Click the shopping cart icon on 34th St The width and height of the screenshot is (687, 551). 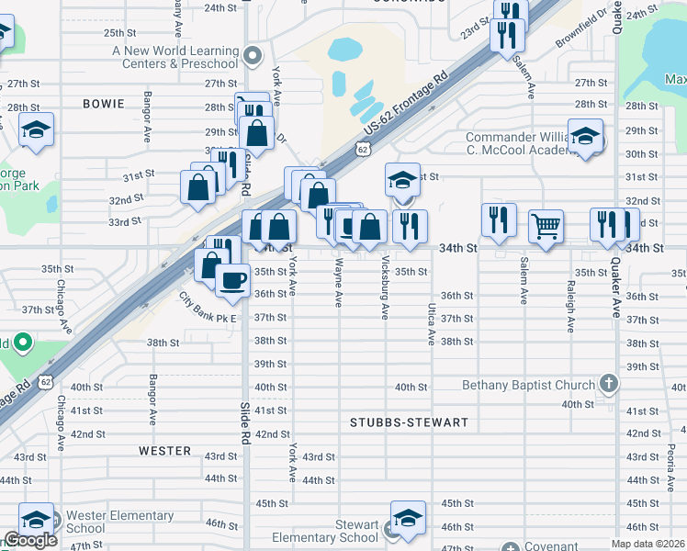tap(546, 224)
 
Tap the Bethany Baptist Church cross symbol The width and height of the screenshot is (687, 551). tap(608, 383)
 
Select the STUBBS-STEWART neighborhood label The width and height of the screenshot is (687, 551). tap(409, 423)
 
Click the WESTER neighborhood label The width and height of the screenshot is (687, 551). tap(165, 452)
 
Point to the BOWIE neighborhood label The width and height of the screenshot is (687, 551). tap(103, 104)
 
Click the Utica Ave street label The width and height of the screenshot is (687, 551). tap(430, 324)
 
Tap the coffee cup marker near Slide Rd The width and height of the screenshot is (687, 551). tap(233, 278)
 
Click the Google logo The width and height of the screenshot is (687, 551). tap(29, 541)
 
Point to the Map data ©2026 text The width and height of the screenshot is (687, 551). tap(648, 544)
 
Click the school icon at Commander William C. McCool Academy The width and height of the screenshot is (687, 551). tap(585, 136)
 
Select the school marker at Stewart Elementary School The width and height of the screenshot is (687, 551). tap(408, 517)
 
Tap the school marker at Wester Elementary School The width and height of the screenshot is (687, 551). tap(37, 519)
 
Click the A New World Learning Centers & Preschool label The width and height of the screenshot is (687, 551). tap(175, 57)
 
